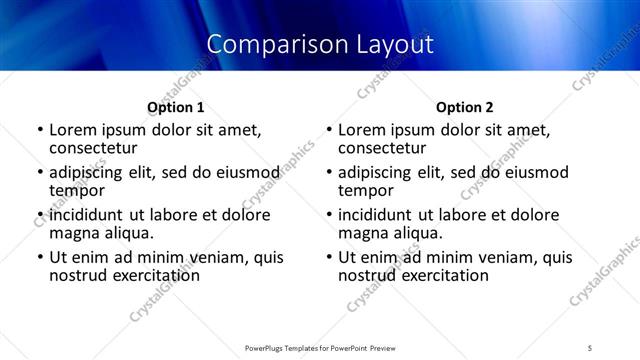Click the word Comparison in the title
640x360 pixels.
click(265, 44)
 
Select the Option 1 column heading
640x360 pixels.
click(176, 107)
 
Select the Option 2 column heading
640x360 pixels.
click(465, 107)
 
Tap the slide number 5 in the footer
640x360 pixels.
click(591, 347)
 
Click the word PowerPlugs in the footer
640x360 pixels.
click(269, 347)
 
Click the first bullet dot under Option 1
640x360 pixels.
click(40, 130)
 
